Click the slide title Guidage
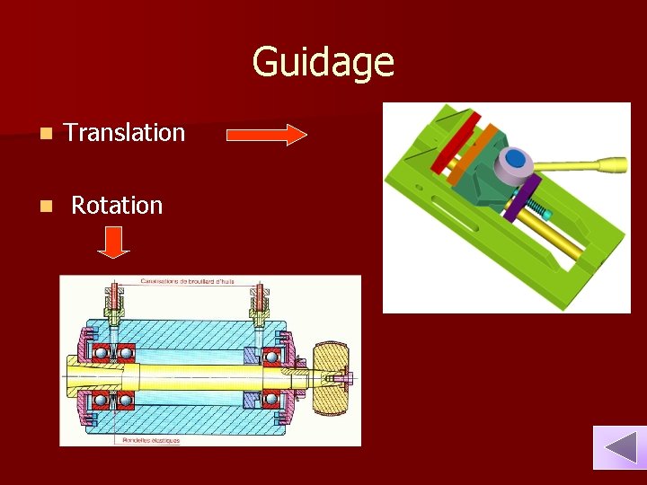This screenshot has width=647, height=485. pyautogui.click(x=323, y=62)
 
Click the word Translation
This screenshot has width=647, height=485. pyautogui.click(x=124, y=133)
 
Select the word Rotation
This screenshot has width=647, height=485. pyautogui.click(x=117, y=206)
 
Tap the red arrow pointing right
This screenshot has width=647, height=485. pyautogui.click(x=267, y=135)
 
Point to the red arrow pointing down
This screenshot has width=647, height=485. pyautogui.click(x=114, y=242)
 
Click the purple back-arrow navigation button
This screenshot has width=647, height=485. pyautogui.click(x=619, y=447)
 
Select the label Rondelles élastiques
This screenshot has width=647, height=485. pyautogui.click(x=148, y=440)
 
